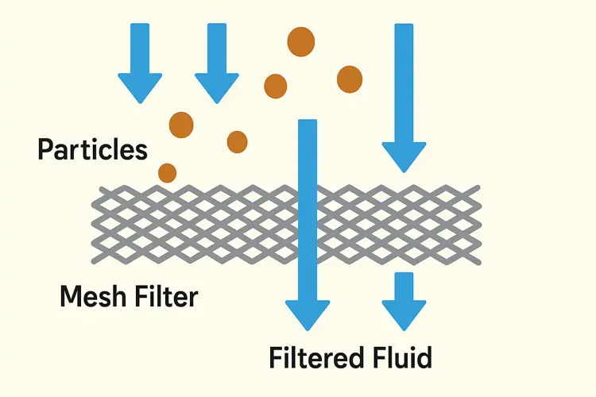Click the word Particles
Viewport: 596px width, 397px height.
coord(92,149)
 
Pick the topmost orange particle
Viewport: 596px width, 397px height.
coord(300,42)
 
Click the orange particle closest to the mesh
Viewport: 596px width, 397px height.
coord(167,172)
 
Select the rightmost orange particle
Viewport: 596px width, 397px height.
coord(350,78)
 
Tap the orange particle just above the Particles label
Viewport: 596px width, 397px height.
coord(181,124)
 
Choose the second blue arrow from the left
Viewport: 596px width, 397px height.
coord(217,64)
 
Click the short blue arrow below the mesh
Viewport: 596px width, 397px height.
coord(404,302)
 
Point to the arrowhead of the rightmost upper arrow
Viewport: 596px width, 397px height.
coord(404,156)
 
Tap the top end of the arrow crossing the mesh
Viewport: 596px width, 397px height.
coord(307,123)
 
